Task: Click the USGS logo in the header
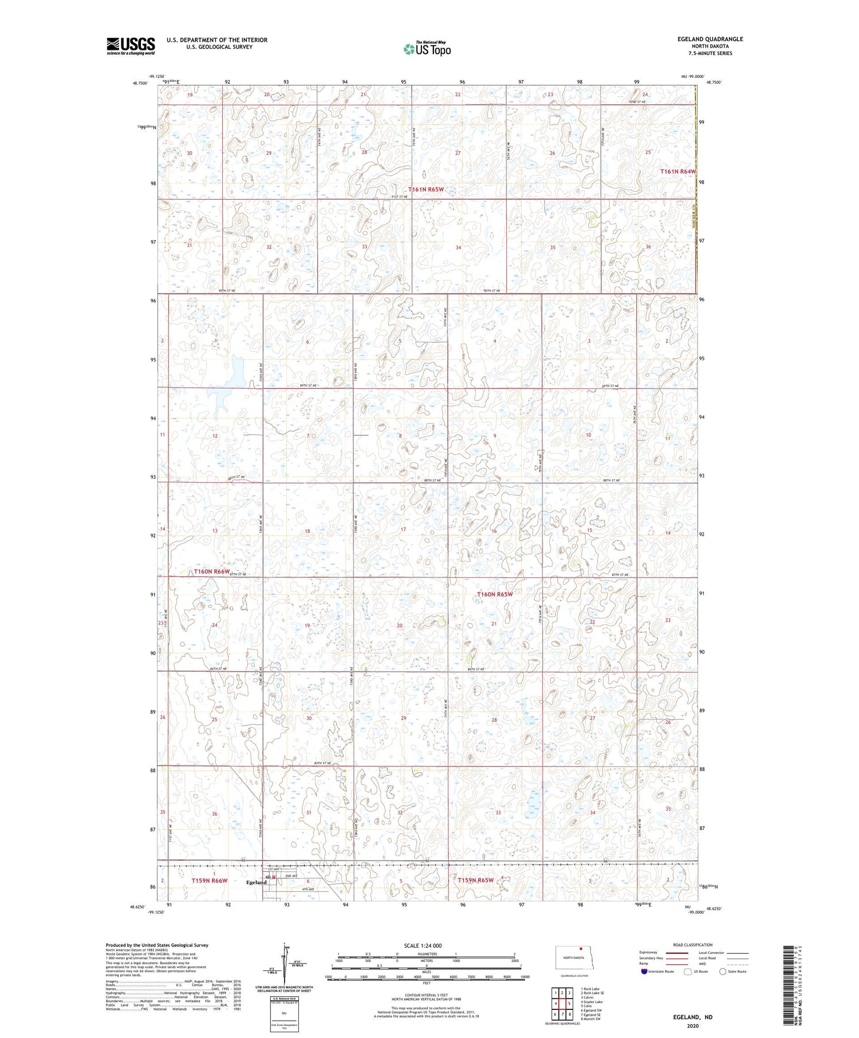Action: [x=131, y=45]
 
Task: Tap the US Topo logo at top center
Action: [x=427, y=49]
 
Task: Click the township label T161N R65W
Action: [x=426, y=189]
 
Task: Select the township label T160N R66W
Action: [x=211, y=571]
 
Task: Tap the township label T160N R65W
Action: [x=495, y=594]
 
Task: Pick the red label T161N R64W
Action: [x=678, y=171]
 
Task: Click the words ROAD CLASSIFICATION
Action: [x=693, y=945]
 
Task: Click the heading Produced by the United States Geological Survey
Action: [x=156, y=945]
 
